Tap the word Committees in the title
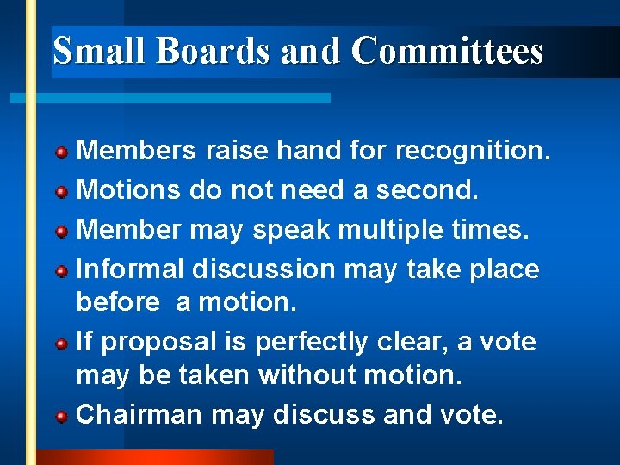[x=447, y=51]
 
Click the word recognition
[x=472, y=152]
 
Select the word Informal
[x=131, y=270]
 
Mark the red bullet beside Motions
[x=62, y=191]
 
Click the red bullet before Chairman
[x=62, y=417]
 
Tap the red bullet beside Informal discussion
[x=62, y=272]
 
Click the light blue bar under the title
[x=172, y=98]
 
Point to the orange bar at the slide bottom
[x=155, y=457]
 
